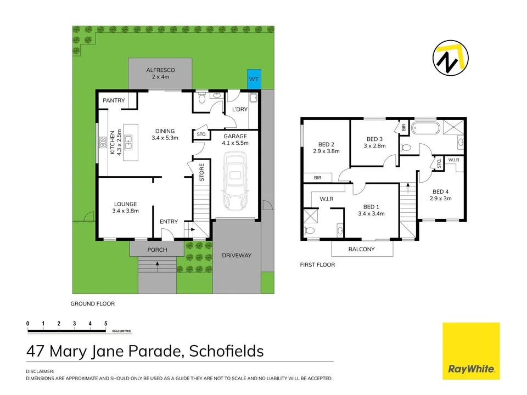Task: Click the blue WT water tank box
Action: click(x=254, y=80)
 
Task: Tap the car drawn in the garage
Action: click(x=235, y=181)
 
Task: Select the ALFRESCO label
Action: click(x=160, y=70)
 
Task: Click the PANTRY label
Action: click(x=114, y=100)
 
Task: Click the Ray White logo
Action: click(x=471, y=351)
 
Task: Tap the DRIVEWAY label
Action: click(x=237, y=256)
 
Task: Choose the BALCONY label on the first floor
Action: click(x=362, y=249)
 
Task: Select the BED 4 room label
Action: click(x=440, y=191)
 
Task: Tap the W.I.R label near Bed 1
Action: click(x=319, y=199)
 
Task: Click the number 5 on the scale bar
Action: click(x=106, y=324)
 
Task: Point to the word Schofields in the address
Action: click(x=226, y=351)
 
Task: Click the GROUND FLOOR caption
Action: click(x=93, y=303)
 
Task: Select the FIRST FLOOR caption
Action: click(x=317, y=264)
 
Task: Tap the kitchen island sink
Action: click(x=130, y=144)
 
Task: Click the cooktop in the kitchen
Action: click(x=103, y=143)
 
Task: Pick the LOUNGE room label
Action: click(x=126, y=204)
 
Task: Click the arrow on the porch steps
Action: click(x=158, y=264)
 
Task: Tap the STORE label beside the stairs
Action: click(x=201, y=172)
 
